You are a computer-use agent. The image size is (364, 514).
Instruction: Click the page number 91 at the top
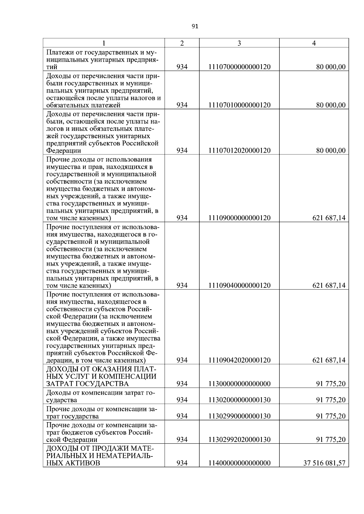point(195,26)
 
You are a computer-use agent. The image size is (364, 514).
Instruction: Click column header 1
point(104,43)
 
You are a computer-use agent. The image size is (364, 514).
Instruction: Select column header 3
point(239,43)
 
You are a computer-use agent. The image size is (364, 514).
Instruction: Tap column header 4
point(314,43)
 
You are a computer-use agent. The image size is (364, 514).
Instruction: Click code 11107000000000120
point(239,67)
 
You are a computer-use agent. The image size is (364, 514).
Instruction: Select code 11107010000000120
point(239,105)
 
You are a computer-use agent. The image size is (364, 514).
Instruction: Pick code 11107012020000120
point(239,151)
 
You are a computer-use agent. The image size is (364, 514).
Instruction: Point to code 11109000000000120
point(239,218)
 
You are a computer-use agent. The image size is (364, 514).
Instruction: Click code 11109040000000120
point(239,285)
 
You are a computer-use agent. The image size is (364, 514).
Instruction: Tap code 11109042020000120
point(239,360)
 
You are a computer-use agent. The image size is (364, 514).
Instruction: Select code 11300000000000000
point(239,384)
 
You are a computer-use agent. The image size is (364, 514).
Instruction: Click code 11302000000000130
point(239,400)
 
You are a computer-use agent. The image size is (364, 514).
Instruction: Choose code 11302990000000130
point(239,416)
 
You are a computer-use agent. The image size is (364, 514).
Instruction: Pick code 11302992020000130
point(239,439)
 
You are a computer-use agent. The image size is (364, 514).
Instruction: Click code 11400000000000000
point(239,463)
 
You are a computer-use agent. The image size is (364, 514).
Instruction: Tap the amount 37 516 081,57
point(324,463)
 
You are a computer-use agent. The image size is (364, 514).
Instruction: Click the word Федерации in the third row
point(63,151)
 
